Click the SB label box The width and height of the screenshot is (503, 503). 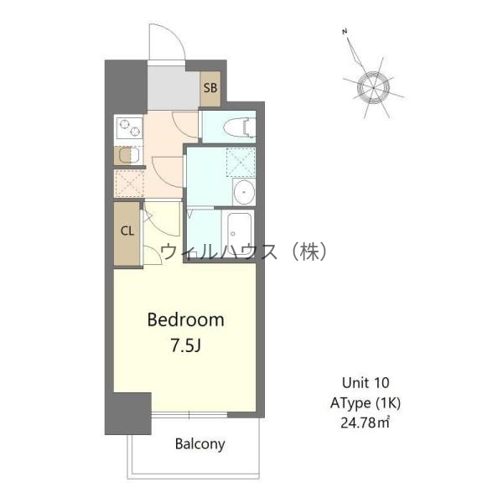(210, 88)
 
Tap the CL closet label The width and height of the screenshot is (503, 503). (127, 231)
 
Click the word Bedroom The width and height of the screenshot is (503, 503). (186, 320)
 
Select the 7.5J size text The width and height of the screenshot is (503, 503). (186, 345)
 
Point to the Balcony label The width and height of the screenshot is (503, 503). (200, 444)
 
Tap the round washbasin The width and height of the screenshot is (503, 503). (244, 192)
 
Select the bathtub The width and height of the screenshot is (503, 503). (239, 229)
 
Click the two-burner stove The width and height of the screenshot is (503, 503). (130, 127)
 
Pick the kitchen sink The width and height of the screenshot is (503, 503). (129, 156)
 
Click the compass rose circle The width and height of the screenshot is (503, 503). (373, 87)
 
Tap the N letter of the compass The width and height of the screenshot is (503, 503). (345, 32)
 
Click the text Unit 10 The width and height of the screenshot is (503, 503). (366, 383)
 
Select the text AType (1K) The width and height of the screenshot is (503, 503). (366, 403)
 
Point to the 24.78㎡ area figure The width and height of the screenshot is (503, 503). (365, 423)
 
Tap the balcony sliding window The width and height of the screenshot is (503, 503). (189, 415)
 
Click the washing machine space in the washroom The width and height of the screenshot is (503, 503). (241, 162)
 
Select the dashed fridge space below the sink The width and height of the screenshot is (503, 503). (129, 183)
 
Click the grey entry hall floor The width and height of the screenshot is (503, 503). (174, 87)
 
